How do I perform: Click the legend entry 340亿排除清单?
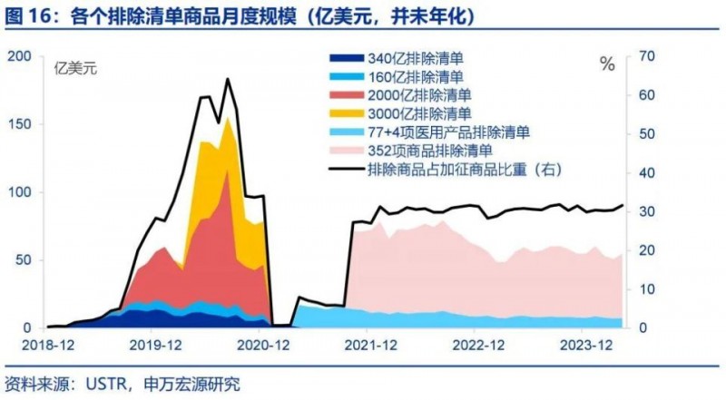tap(417, 59)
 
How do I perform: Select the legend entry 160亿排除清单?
tap(417, 77)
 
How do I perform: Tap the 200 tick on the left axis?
tap(18, 57)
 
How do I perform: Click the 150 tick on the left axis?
tap(18, 124)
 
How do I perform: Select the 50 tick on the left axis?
tap(22, 260)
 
